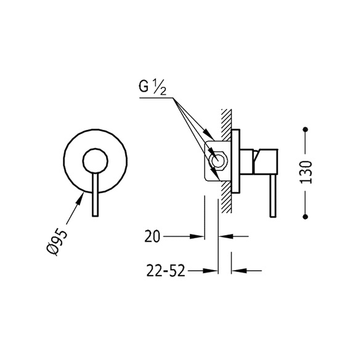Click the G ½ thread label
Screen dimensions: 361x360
[152, 87]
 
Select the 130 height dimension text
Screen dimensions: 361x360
[306, 172]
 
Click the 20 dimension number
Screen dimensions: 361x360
[152, 236]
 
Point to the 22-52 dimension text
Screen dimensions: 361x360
[166, 271]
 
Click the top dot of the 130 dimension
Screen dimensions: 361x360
[306, 129]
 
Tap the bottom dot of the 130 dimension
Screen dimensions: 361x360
[306, 217]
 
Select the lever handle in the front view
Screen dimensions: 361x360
[95, 194]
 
